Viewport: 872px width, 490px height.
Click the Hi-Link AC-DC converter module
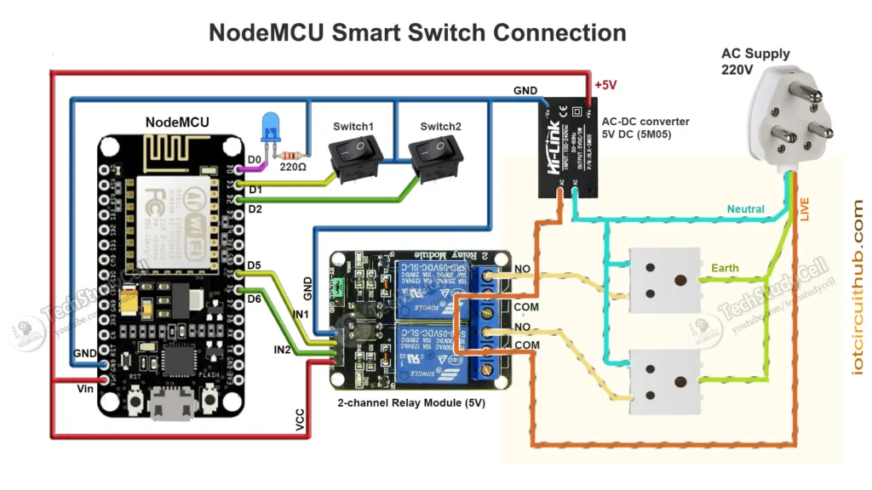click(x=564, y=146)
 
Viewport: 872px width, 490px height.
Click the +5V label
click(x=606, y=86)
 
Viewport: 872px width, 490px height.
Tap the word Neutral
click(x=745, y=208)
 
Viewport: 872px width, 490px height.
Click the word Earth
click(x=725, y=268)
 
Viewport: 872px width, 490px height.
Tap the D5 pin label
click(x=254, y=265)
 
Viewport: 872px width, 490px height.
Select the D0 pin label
click(x=254, y=158)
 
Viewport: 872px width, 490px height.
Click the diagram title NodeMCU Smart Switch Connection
click(x=417, y=33)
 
